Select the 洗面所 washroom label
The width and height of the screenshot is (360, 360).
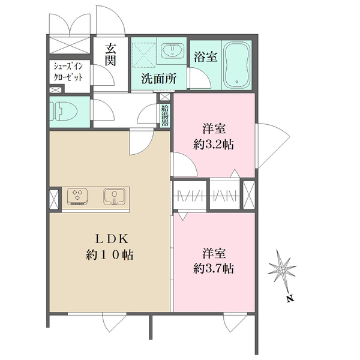158,77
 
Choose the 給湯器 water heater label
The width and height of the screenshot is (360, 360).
165,114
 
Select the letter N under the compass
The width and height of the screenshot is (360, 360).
289,298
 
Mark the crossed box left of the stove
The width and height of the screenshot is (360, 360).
53,198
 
